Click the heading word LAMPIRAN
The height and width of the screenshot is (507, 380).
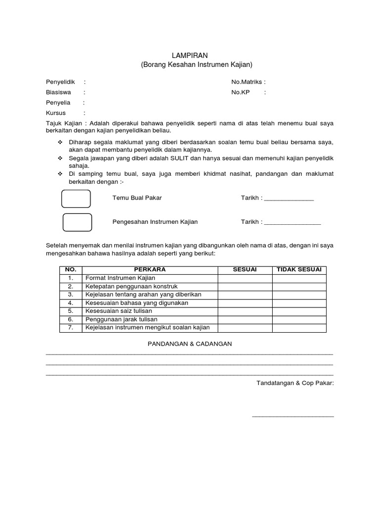click(x=190, y=56)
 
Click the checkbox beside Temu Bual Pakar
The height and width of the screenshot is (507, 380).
click(x=76, y=198)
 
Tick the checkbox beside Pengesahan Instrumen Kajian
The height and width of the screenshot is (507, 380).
click(x=77, y=222)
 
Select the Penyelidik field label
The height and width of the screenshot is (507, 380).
click(x=60, y=82)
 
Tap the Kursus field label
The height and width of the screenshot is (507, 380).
click(x=56, y=113)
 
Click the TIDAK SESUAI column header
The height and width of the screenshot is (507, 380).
click(x=299, y=269)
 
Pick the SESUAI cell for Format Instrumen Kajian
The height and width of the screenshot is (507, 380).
click(x=245, y=278)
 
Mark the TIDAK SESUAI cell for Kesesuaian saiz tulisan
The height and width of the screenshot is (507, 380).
click(x=299, y=311)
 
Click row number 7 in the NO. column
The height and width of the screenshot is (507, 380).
click(x=71, y=327)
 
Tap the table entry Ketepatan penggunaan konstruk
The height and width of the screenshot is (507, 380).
click(x=131, y=286)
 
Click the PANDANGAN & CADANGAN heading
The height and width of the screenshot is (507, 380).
click(x=190, y=344)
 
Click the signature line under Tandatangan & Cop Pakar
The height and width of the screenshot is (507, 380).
click(x=293, y=416)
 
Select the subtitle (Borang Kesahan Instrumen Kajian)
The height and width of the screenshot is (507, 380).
click(x=190, y=65)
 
